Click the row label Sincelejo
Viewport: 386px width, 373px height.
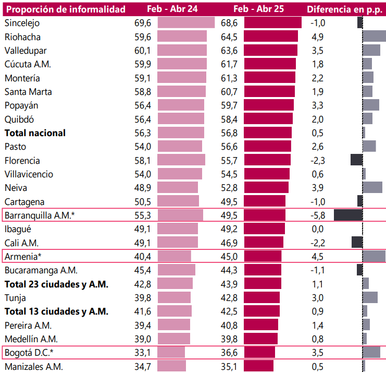tap(22, 23)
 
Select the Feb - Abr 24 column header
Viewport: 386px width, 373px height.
tap(171, 9)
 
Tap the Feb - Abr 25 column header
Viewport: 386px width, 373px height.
tap(258, 9)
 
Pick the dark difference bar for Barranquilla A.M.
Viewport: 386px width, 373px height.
tap(348, 215)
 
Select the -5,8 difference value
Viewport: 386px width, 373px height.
tap(317, 215)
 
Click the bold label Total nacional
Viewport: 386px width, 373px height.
tap(35, 133)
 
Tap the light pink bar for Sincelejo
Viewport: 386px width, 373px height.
tap(186, 22)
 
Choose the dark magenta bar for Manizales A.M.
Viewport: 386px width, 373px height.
tap(258, 366)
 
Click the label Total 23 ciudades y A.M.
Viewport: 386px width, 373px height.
tap(56, 284)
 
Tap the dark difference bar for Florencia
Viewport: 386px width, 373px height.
tap(356, 160)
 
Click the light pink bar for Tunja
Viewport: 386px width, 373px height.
tap(174, 297)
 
